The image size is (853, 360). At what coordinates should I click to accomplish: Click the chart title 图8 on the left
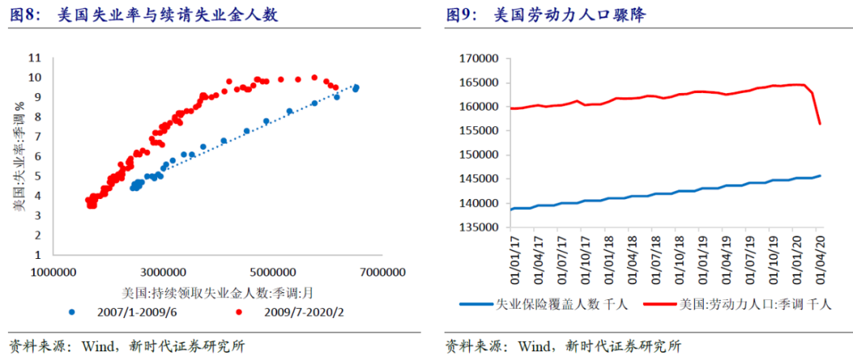tap(143, 15)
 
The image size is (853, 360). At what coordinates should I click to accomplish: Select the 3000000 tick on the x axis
tap(164, 272)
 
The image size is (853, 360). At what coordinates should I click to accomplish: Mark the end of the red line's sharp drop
tap(820, 124)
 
